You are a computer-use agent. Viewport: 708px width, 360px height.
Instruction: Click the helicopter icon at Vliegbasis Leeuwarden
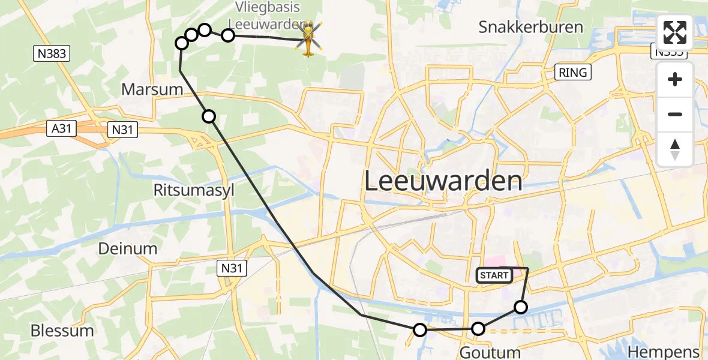tap(308, 39)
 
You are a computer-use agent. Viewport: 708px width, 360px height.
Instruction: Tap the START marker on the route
tap(494, 275)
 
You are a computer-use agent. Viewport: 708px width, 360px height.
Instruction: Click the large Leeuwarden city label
tap(443, 181)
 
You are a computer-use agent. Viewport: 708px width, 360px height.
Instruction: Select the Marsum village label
tap(152, 89)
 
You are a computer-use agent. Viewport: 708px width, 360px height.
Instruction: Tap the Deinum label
tap(127, 248)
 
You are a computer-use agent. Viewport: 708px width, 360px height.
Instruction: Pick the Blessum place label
tap(62, 331)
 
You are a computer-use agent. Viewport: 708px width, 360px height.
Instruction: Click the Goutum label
tap(490, 352)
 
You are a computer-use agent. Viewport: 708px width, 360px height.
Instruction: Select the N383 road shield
tap(50, 54)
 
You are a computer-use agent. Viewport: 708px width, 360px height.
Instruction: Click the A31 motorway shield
tap(62, 128)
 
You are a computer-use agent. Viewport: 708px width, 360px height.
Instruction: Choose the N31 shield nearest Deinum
tap(231, 268)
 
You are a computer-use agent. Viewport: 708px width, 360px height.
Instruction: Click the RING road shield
tap(573, 73)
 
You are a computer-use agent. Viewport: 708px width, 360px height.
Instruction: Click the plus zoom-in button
tap(675, 80)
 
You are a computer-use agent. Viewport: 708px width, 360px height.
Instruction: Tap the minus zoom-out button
tap(675, 114)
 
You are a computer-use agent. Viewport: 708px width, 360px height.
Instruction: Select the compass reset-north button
tap(675, 149)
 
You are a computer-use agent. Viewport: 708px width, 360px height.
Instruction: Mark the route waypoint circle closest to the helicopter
tap(228, 35)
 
